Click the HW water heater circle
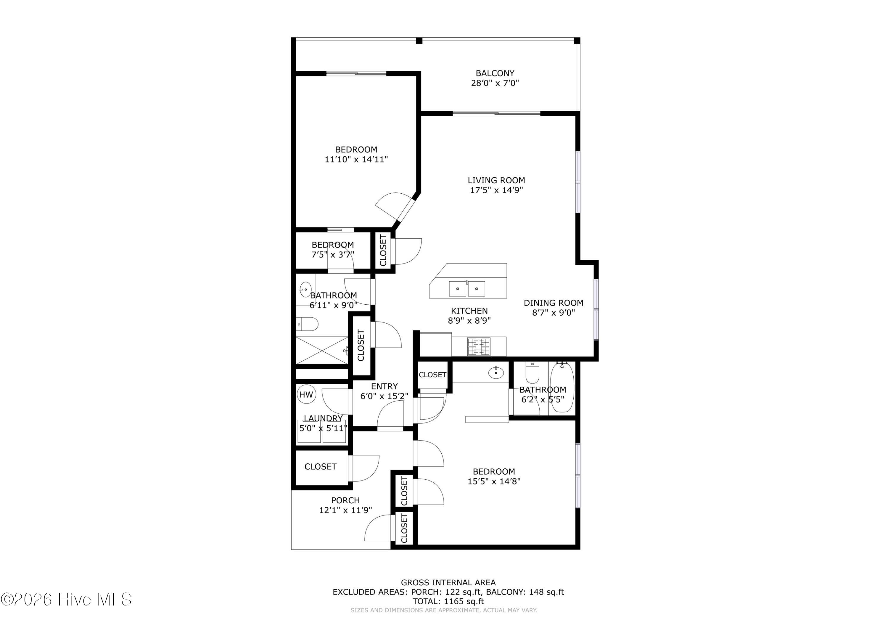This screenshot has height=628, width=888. coord(306,395)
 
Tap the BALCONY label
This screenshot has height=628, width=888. coord(495,73)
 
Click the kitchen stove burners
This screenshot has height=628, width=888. coord(479,346)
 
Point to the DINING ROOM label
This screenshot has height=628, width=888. coord(554,303)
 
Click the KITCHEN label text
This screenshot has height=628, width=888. coord(469,311)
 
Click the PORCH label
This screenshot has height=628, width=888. coord(345,500)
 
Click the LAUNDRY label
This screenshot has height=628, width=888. coord(323,418)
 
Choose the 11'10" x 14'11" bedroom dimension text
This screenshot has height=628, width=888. coord(356,159)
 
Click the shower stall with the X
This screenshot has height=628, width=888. coord(322,350)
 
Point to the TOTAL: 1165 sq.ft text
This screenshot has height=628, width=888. coord(448,601)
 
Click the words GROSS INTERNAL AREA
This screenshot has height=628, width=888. coord(448,582)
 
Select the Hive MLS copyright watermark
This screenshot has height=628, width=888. coord(66,599)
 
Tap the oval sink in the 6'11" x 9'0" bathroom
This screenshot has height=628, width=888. coord(305,289)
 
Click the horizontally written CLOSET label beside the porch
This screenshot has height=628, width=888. coord(320,467)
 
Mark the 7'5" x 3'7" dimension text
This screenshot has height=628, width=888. coord(333,255)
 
